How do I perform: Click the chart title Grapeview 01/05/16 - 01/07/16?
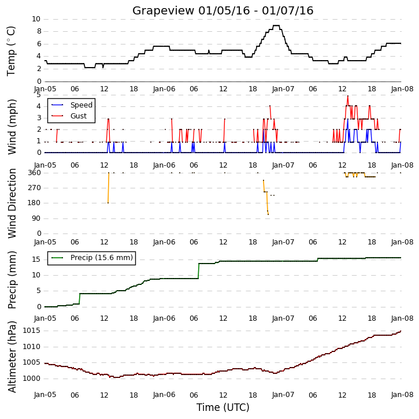[x=223, y=10]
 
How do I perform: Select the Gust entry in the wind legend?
[x=69, y=116]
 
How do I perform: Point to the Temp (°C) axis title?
[x=11, y=51]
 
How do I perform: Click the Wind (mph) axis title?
[x=12, y=127]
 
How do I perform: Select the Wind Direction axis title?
[x=12, y=203]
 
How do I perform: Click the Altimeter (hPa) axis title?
[x=12, y=357]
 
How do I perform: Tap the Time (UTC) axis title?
[x=223, y=407]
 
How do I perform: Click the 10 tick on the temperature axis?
[x=36, y=19]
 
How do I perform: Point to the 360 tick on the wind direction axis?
[x=35, y=173]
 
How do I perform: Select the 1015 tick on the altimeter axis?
[x=32, y=331]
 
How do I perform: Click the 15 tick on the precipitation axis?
[x=36, y=259]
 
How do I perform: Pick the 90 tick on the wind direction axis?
[x=36, y=218]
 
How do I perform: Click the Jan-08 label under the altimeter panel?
[x=402, y=395]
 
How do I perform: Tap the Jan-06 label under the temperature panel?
[x=164, y=89]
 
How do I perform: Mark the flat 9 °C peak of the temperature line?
[x=276, y=25]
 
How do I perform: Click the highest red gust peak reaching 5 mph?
[x=348, y=96]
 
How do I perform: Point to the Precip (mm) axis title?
[x=12, y=280]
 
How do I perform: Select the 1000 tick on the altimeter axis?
[x=32, y=379]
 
